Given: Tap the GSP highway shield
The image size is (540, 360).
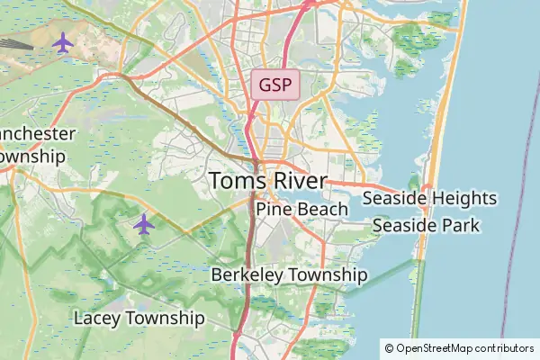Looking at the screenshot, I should [274, 86].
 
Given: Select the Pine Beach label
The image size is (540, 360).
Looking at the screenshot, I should [301, 210].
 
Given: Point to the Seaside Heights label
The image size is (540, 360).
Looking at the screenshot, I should [429, 198].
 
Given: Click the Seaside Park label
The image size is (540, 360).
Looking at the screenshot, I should [425, 225].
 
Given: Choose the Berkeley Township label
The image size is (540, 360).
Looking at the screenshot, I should [289, 274].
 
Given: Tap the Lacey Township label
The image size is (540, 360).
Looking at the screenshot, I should [139, 319].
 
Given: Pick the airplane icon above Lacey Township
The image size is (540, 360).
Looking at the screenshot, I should [143, 223].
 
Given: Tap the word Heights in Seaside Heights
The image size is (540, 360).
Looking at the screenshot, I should [464, 198].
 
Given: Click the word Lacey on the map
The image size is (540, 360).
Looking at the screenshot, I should [95, 319].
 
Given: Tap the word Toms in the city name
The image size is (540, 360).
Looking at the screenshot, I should [237, 181].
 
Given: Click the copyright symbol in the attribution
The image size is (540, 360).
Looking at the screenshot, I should [389, 347].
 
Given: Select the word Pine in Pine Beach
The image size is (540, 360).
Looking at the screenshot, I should [271, 210].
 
